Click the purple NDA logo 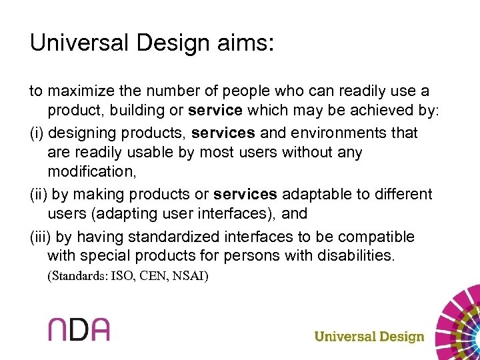point(79,329)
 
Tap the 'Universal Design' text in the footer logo point(369,336)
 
